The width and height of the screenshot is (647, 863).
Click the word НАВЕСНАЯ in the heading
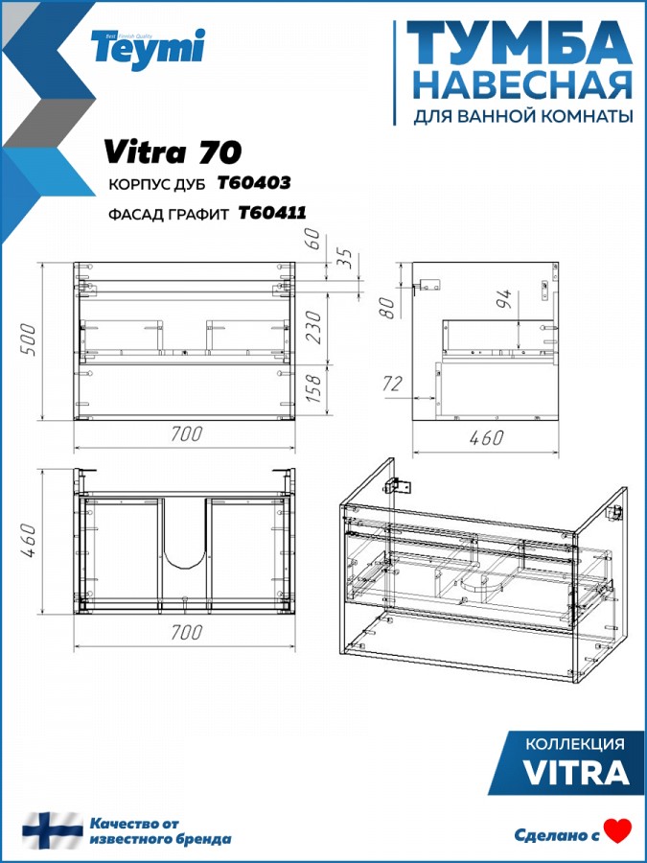click(x=522, y=85)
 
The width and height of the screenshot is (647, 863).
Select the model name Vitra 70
click(x=173, y=152)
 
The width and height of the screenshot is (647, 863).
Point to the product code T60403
click(x=254, y=183)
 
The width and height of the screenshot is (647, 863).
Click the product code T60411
click(x=272, y=213)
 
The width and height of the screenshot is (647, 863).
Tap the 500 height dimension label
click(x=29, y=340)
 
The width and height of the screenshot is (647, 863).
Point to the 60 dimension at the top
click(x=313, y=240)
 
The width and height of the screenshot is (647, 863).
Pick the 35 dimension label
click(x=345, y=258)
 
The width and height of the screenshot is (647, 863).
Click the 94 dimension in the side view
click(x=504, y=298)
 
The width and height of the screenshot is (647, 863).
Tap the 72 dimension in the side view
click(x=392, y=384)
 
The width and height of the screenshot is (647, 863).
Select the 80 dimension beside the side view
click(x=388, y=308)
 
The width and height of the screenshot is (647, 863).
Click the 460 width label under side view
click(x=486, y=438)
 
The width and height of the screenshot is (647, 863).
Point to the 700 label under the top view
click(x=186, y=633)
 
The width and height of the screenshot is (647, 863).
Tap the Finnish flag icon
click(x=53, y=830)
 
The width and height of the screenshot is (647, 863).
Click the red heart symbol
click(x=617, y=831)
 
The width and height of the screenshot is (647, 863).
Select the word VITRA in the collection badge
click(x=576, y=772)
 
